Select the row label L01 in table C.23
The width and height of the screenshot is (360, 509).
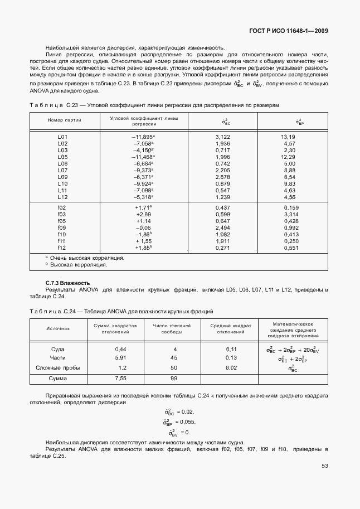pyautogui.click(x=62, y=137)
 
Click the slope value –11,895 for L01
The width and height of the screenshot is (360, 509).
pyautogui.click(x=143, y=137)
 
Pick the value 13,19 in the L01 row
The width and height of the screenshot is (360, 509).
pyautogui.click(x=288, y=137)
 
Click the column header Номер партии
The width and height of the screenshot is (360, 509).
pyautogui.click(x=65, y=120)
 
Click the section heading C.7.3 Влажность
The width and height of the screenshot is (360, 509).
pyautogui.click(x=67, y=283)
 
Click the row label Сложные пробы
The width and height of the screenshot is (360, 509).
pyautogui.click(x=58, y=368)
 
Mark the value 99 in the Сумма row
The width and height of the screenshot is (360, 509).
pyautogui.click(x=173, y=379)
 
